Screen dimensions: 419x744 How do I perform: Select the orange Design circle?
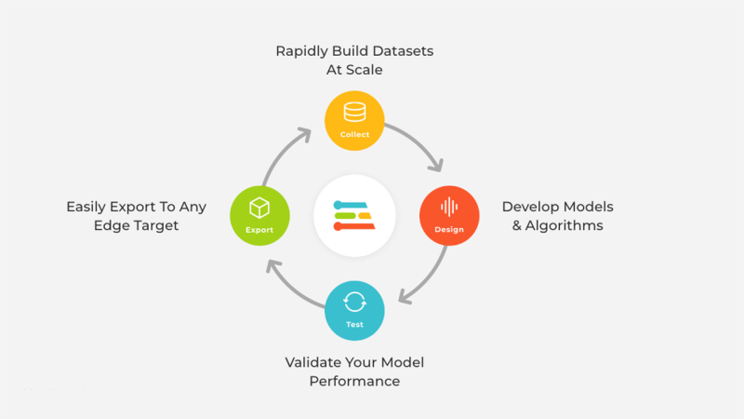[x=449, y=215]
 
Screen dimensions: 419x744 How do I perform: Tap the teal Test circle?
[x=354, y=310]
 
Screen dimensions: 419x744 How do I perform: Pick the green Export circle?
[x=259, y=215]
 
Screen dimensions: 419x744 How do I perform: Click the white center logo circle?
[x=354, y=215]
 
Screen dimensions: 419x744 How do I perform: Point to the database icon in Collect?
[x=354, y=112]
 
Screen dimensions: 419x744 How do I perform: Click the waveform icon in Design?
[x=449, y=207]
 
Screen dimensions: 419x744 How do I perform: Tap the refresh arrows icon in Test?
[x=354, y=302]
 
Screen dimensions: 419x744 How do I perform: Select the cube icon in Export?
[x=259, y=207]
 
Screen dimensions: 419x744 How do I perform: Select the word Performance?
[x=354, y=381]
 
